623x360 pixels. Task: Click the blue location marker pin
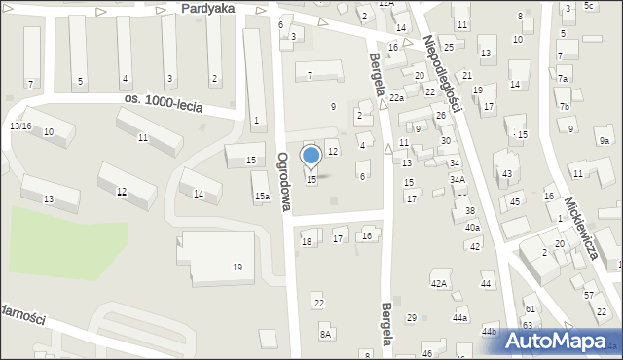(x=311, y=157)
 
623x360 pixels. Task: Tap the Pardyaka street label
(x=202, y=7)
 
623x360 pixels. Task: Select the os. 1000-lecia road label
(x=164, y=104)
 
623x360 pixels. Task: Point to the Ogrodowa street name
(x=284, y=181)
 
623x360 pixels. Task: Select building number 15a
(x=262, y=196)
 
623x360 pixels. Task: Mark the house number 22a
(x=397, y=98)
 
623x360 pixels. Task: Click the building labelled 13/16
(x=20, y=126)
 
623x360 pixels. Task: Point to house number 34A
(x=458, y=179)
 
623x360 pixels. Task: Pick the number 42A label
(x=439, y=283)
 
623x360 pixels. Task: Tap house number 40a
(x=472, y=227)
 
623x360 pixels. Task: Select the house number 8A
(x=326, y=334)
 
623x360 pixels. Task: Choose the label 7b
(x=564, y=105)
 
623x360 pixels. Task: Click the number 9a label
(x=604, y=141)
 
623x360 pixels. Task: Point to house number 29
(x=411, y=317)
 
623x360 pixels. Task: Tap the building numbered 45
(x=515, y=201)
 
